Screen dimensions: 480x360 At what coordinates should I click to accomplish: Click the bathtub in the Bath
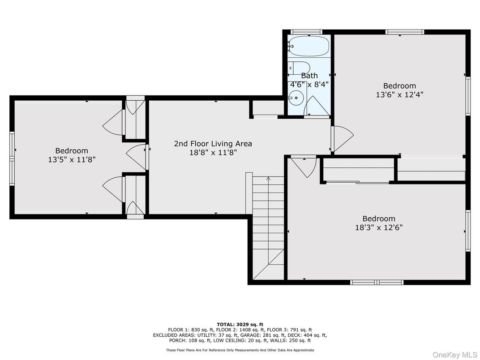coord(309,46)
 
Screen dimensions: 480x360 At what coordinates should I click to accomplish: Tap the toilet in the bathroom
coord(300,68)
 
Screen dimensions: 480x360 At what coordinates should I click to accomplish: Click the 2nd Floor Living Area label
coord(213,144)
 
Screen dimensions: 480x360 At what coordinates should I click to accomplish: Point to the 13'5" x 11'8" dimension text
coord(72,159)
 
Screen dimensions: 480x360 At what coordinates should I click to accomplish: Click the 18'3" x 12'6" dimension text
coord(379,227)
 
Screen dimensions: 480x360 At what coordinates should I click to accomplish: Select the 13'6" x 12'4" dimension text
coord(399,94)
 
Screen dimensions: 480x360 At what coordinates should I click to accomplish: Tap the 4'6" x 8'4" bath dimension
coord(309,84)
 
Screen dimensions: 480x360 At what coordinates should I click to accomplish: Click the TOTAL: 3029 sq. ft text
coord(240,325)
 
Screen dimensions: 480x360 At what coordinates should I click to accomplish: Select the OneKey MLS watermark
coord(455,355)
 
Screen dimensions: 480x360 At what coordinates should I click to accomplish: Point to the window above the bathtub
coord(306,32)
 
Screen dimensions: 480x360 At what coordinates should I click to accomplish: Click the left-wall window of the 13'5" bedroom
coord(12,159)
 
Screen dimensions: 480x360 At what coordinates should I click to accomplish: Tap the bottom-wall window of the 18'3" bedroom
coord(377,282)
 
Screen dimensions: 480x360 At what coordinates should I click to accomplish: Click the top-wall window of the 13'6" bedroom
coord(405,32)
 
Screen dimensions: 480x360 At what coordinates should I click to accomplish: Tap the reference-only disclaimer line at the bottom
coord(240,350)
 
